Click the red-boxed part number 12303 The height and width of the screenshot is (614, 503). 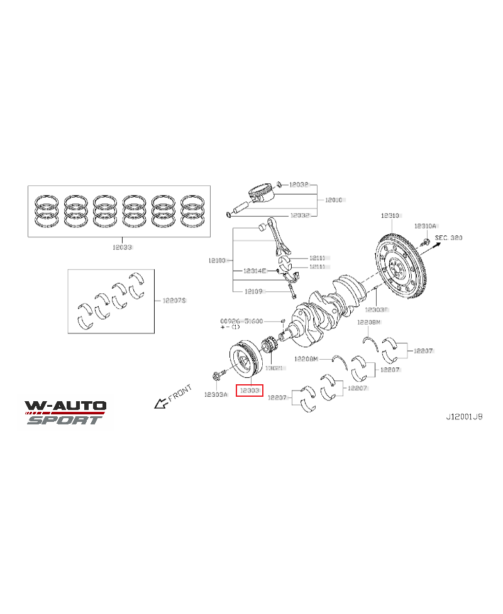coord(249,390)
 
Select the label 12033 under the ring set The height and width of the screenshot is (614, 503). coord(123,247)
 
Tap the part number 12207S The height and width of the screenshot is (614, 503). coord(174,301)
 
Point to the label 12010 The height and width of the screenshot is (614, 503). coord(333,200)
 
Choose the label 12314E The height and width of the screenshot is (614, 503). coord(255,271)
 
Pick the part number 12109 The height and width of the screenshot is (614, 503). coord(253,291)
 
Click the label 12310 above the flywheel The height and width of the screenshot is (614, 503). coord(389,215)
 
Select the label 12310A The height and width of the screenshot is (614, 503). coord(425,225)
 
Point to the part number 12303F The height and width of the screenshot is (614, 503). coord(377,310)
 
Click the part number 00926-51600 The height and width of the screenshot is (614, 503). coord(241,321)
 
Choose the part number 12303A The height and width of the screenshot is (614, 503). coord(216,395)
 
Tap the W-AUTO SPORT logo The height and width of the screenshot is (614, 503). coord(65,412)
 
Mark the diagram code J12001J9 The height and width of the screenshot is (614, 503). coord(464,416)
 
